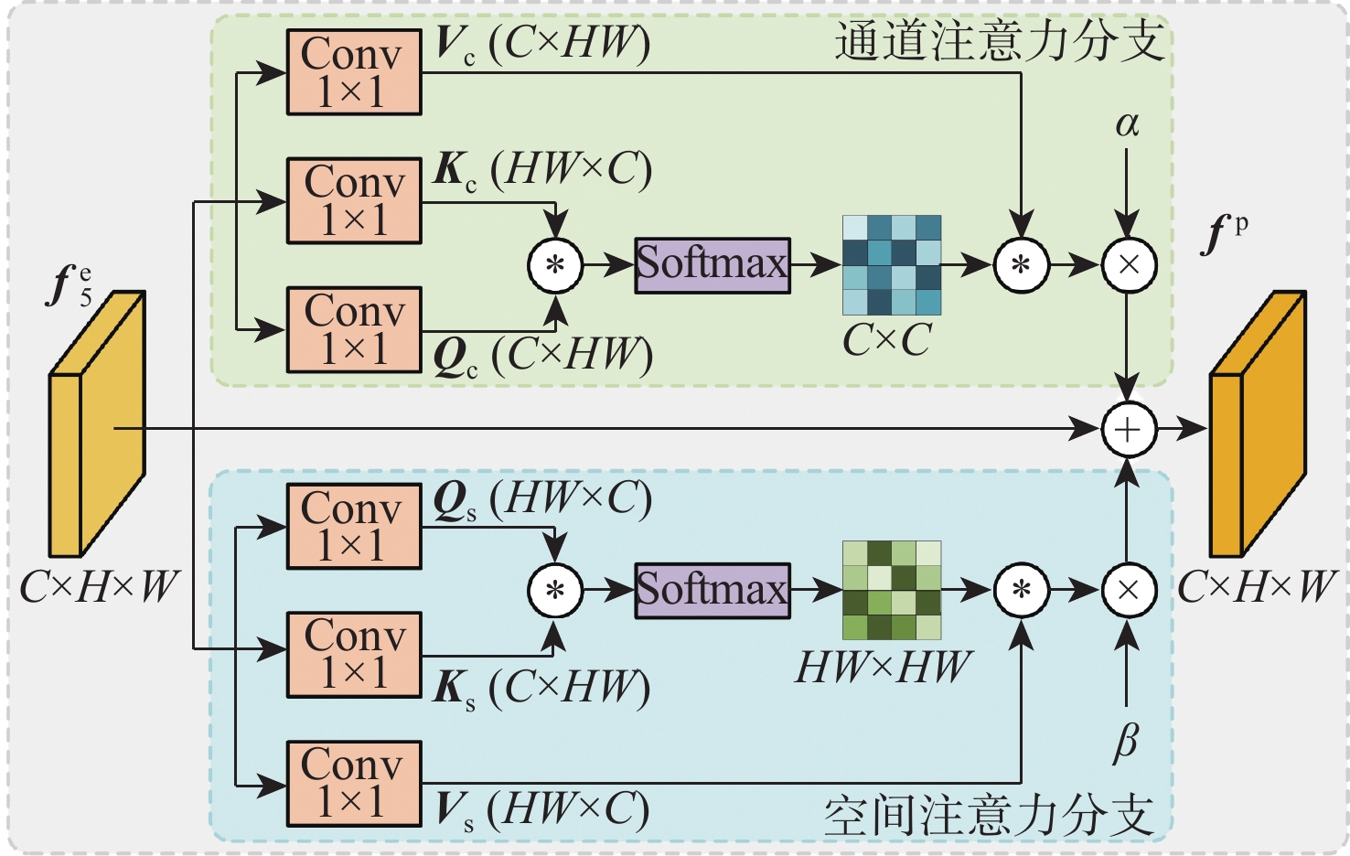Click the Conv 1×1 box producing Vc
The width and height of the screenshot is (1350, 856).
[x=354, y=72]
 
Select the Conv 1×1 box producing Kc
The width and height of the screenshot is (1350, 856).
[x=354, y=200]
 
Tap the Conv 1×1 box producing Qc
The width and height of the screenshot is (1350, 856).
[x=354, y=329]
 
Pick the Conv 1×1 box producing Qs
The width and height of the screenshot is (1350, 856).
[x=354, y=526]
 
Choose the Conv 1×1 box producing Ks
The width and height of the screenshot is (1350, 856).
[x=354, y=654]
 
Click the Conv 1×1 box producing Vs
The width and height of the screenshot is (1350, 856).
[x=354, y=783]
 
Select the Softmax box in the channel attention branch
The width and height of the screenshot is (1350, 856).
[x=712, y=265]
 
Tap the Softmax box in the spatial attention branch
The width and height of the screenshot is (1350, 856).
[x=712, y=590]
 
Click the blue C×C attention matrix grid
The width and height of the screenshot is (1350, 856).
[x=891, y=265]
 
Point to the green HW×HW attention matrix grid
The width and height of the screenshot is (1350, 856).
[x=891, y=590]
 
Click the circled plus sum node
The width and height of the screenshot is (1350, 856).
[x=1129, y=428]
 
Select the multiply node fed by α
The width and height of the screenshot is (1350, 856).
[x=1129, y=265]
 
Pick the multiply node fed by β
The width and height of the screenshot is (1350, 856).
[x=1129, y=590]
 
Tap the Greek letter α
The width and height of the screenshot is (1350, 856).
[x=1127, y=124]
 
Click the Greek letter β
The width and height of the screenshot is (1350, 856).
[x=1126, y=741]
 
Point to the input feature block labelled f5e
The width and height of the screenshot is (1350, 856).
[x=96, y=425]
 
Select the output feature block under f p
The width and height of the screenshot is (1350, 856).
[x=1258, y=425]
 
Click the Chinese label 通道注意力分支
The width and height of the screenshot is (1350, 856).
[x=999, y=42]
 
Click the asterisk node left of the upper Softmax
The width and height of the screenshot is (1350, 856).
[x=555, y=265]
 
